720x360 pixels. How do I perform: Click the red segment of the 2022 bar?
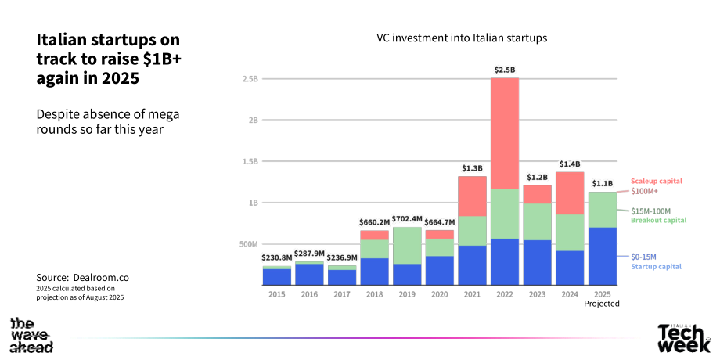coord(505,133)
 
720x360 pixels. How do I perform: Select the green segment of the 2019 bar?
coord(408,245)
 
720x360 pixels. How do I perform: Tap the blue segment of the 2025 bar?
coord(603,256)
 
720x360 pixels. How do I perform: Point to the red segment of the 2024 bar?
coord(571,193)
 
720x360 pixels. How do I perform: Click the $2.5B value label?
coord(505,70)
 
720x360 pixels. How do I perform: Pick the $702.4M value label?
coord(408,218)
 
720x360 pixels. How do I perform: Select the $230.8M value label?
coord(277,258)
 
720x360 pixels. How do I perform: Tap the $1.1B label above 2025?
coord(603,184)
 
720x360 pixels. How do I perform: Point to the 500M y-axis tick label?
coord(248,244)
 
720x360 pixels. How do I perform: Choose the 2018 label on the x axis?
coord(375,294)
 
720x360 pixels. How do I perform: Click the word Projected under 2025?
coord(602,304)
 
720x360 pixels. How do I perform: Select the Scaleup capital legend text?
coord(657,181)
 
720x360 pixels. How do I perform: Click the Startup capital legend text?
coord(656,267)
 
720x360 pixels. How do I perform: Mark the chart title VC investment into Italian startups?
coord(462,38)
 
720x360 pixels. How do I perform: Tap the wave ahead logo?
coord(31,335)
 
